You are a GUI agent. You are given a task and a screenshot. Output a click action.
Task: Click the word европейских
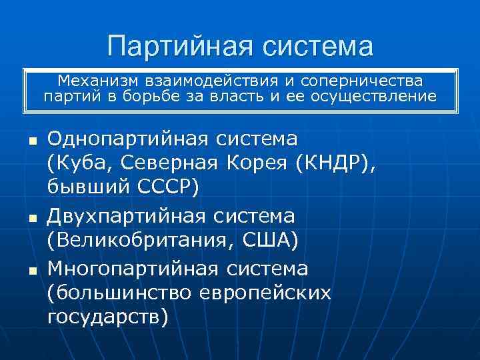tap(267, 293)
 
